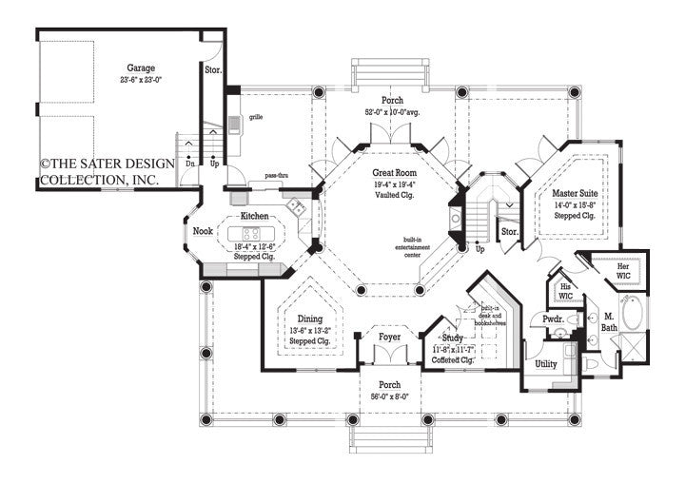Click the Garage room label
tap(141, 68)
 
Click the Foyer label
tap(390, 338)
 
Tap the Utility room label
tap(546, 364)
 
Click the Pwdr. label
tap(553, 321)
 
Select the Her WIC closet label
tap(624, 273)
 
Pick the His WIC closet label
tap(565, 291)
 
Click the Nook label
tap(203, 231)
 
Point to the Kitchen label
tap(254, 217)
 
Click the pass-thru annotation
tap(277, 177)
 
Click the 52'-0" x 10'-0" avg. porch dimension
tap(391, 113)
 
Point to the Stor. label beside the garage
tap(213, 69)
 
